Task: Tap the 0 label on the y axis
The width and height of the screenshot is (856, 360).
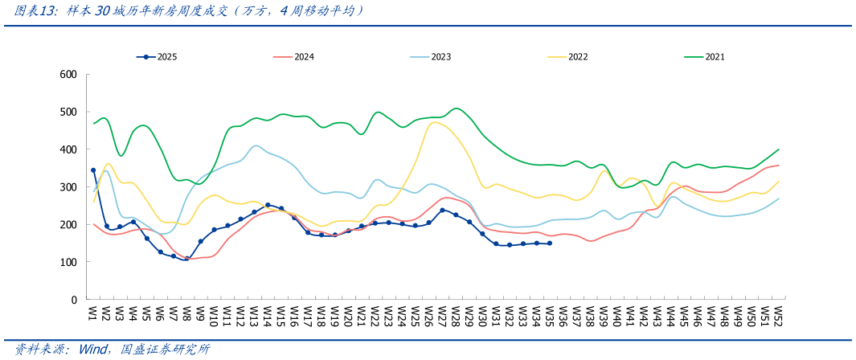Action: click(x=74, y=300)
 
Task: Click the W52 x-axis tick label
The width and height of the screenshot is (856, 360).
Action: click(x=778, y=314)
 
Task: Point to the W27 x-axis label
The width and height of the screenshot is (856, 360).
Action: click(x=442, y=314)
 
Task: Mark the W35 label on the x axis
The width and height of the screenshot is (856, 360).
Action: click(x=550, y=314)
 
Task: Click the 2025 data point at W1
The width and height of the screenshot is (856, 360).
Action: click(x=93, y=170)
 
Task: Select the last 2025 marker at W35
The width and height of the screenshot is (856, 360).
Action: click(x=550, y=243)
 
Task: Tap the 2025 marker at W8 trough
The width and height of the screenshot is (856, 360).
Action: click(x=187, y=259)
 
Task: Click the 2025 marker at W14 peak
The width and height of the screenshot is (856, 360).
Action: click(x=268, y=205)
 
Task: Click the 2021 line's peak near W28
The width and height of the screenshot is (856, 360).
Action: click(x=456, y=108)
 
